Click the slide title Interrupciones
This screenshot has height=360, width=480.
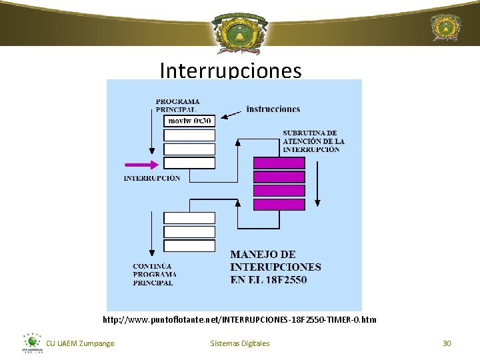coord(231,71)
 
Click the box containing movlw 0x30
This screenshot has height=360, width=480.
coord(189,121)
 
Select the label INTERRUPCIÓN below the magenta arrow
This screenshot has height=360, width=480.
coord(151,178)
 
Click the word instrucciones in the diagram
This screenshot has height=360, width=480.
coord(273,109)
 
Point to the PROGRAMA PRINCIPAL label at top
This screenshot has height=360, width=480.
coord(177,105)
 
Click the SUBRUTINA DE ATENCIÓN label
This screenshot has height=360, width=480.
coord(313,141)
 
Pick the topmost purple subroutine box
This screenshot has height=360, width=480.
coord(279,163)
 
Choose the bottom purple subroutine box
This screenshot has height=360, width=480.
coord(279,205)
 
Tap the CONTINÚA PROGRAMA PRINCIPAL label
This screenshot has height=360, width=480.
coord(154,274)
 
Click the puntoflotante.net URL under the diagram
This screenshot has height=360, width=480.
coord(239,320)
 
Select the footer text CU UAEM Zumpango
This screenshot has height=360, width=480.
coord(80,343)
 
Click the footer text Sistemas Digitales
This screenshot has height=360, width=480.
coord(240,343)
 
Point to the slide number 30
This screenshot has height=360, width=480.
coord(447,343)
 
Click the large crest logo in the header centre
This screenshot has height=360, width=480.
coord(240,31)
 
